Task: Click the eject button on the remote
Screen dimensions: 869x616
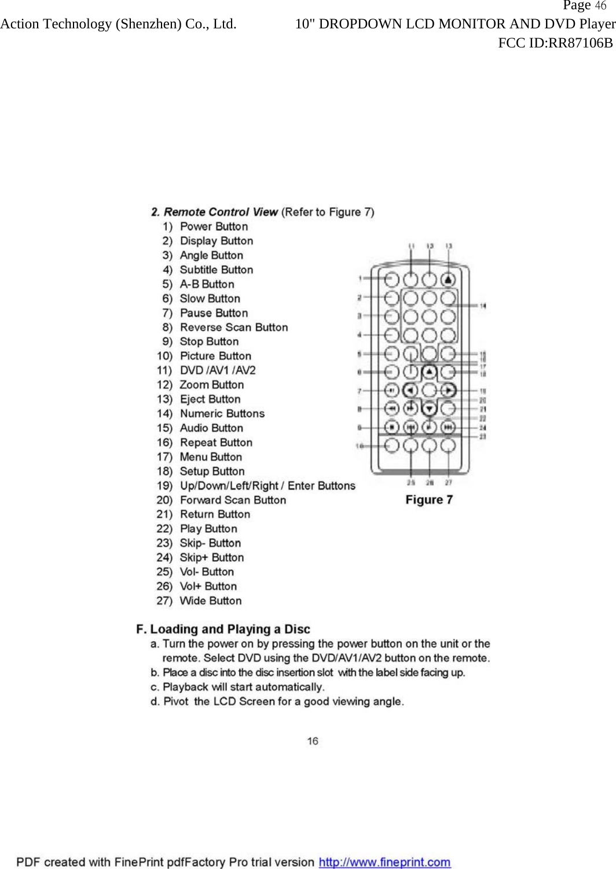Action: (x=448, y=280)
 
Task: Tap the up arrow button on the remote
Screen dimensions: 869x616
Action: (x=429, y=371)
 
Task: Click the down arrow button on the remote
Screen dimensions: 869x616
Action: (x=429, y=409)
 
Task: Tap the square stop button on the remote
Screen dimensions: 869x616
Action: (x=392, y=428)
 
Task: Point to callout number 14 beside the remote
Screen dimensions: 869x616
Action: (x=483, y=305)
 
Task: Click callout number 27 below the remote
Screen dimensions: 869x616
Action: (x=449, y=482)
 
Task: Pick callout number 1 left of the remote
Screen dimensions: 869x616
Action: (x=360, y=279)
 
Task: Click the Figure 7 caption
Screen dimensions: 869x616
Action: (x=429, y=500)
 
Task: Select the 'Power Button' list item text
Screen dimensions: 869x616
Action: (x=214, y=226)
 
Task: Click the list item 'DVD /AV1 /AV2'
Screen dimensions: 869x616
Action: (x=218, y=370)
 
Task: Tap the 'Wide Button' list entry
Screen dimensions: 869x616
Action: (x=211, y=601)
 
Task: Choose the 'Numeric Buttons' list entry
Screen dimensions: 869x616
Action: (x=222, y=414)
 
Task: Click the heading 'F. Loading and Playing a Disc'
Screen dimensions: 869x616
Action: (x=223, y=629)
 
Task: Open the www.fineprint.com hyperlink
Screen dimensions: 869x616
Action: (x=384, y=862)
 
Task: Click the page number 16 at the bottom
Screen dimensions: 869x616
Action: (x=313, y=741)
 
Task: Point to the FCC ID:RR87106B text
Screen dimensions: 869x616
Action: (x=555, y=43)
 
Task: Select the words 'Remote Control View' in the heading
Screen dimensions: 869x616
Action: (x=221, y=212)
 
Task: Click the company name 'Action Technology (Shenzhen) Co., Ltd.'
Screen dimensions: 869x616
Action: (x=118, y=24)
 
